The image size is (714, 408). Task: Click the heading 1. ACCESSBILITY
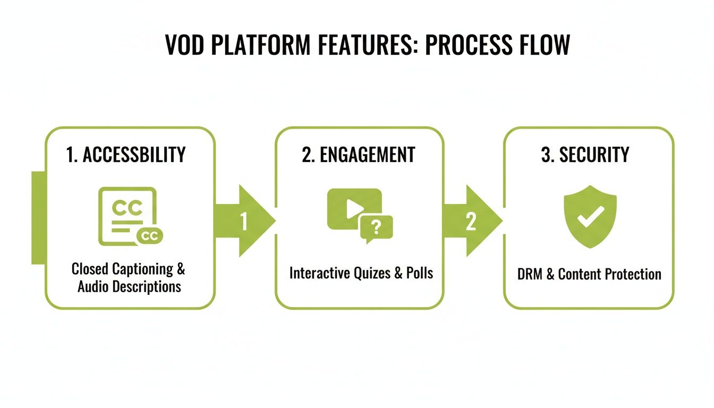pyautogui.click(x=126, y=155)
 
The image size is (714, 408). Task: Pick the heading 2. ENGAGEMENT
pyautogui.click(x=359, y=155)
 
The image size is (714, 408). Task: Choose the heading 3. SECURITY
pyautogui.click(x=585, y=155)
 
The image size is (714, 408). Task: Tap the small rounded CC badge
pyautogui.click(x=150, y=236)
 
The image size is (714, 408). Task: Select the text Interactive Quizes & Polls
pyautogui.click(x=361, y=273)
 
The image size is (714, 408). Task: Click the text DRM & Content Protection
pyautogui.click(x=589, y=274)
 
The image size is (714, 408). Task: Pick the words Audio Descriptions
pyautogui.click(x=129, y=287)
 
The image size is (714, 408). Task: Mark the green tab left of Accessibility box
pyautogui.click(x=38, y=218)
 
